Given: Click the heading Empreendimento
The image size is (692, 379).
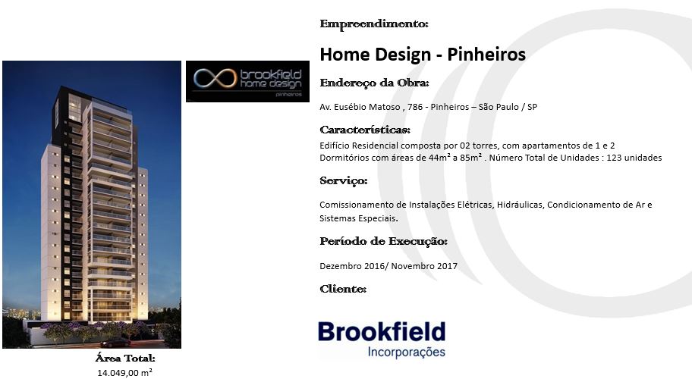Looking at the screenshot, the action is (x=374, y=23).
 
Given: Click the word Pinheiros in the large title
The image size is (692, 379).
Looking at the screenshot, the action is (x=486, y=55).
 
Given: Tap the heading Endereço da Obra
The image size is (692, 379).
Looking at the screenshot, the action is (x=374, y=83).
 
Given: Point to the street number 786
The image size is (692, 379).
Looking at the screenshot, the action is (x=415, y=107).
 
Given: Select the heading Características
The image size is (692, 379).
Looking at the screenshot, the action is (x=365, y=130).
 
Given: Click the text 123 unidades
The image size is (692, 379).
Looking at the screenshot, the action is (x=634, y=158).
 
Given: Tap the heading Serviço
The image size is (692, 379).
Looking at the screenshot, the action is (x=344, y=180).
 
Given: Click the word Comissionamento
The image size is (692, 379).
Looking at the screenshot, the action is (x=357, y=205).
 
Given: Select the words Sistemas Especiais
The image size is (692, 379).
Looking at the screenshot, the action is (x=359, y=218).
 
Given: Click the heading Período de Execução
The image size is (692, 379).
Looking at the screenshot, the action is (x=383, y=242).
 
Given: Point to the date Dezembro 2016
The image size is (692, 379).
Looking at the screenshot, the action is (x=353, y=266).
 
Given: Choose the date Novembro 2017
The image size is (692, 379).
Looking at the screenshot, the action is (x=424, y=266).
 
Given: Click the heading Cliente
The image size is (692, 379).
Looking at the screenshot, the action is (x=343, y=289).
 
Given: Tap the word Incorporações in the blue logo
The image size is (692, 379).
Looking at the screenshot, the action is (x=407, y=352).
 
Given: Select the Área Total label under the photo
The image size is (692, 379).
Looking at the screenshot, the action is (x=125, y=359).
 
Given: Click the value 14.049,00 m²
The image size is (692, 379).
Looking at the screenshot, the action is (x=125, y=373).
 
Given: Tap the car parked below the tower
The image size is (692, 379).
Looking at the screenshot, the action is (x=115, y=343).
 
